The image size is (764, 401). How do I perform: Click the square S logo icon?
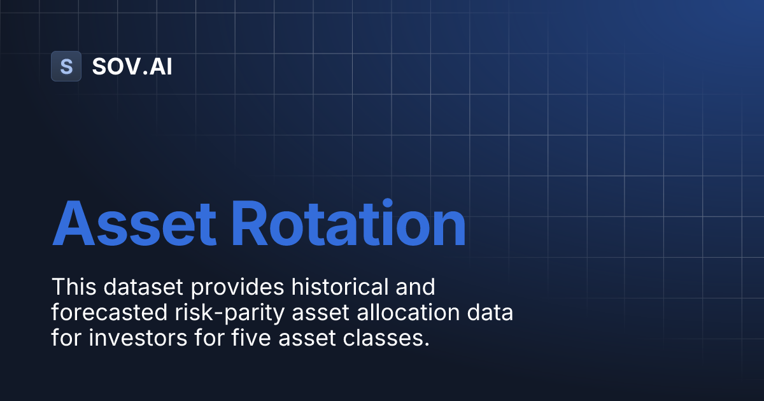tap(66, 66)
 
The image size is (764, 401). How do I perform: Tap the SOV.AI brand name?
tap(132, 66)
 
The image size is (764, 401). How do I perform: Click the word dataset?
tap(141, 287)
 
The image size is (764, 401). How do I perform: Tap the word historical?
tap(337, 287)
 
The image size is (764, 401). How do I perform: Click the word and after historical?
tap(414, 287)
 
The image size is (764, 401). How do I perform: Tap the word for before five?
tap(204, 338)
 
